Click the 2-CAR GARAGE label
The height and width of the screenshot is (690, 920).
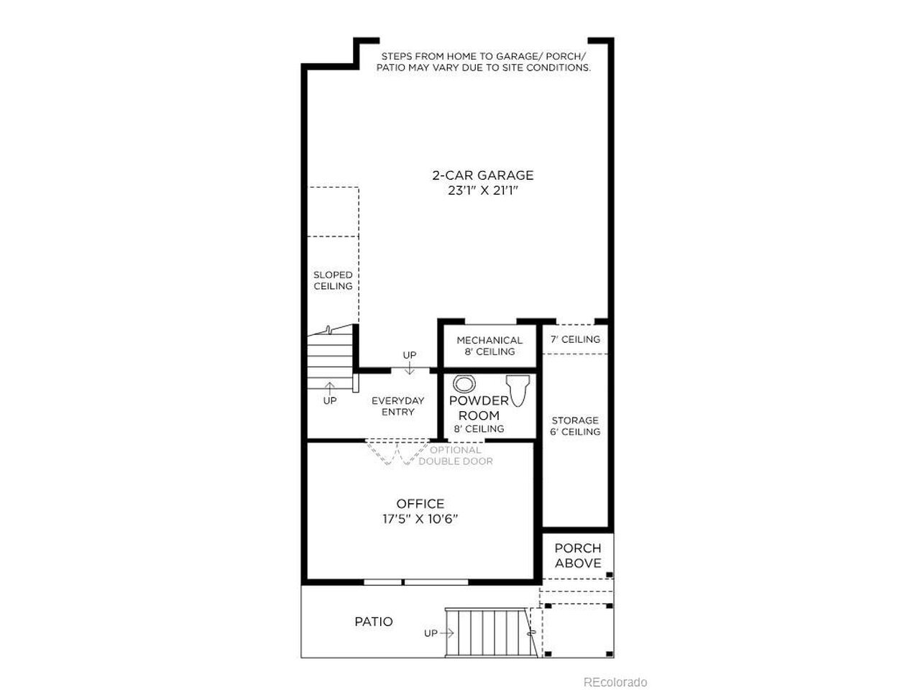[483, 175]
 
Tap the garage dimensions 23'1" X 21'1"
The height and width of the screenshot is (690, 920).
[483, 190]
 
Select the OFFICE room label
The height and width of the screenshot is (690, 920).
[420, 504]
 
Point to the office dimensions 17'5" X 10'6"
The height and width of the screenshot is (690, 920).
[420, 519]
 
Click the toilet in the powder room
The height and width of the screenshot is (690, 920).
[517, 390]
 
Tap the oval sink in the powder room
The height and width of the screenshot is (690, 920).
[464, 384]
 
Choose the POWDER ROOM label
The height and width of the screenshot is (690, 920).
[479, 408]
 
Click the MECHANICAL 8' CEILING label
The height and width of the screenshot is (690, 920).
[489, 346]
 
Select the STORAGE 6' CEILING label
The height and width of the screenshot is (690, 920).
[575, 425]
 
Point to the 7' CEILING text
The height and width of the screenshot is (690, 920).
[575, 339]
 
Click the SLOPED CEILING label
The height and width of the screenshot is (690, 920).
[333, 280]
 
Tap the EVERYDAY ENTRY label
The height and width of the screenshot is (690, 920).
[397, 406]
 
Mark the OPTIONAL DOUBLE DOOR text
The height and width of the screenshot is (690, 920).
[456, 456]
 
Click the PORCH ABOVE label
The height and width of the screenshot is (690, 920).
[578, 556]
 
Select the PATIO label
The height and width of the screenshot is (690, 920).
[374, 621]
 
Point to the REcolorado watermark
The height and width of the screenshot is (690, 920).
[615, 682]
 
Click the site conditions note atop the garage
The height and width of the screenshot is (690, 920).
[483, 62]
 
